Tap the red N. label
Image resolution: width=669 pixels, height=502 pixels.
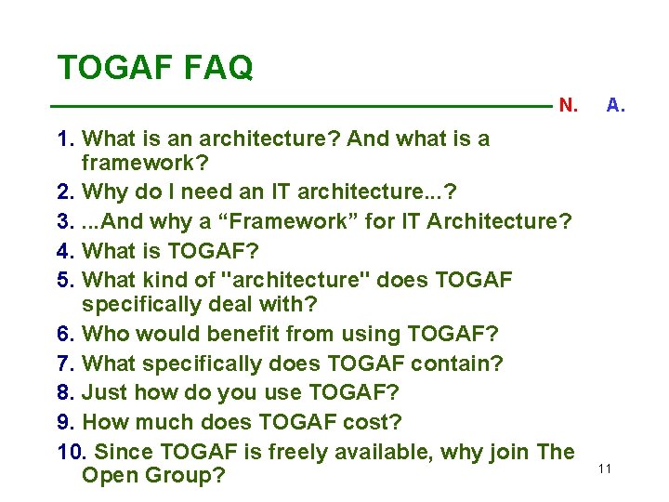pyautogui.click(x=568, y=105)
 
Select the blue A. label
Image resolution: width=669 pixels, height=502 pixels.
pyautogui.click(x=615, y=105)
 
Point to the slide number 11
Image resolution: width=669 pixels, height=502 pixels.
pyautogui.click(x=605, y=469)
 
